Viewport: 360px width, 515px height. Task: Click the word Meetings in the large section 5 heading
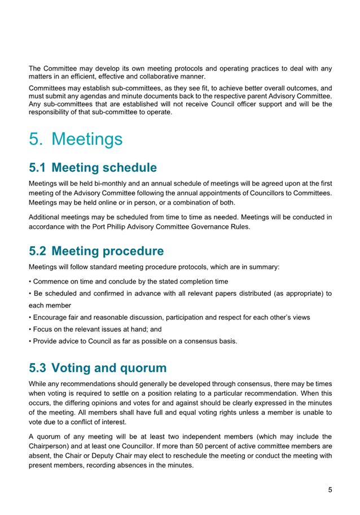[90, 139]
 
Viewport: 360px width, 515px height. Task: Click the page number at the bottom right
[330, 489]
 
